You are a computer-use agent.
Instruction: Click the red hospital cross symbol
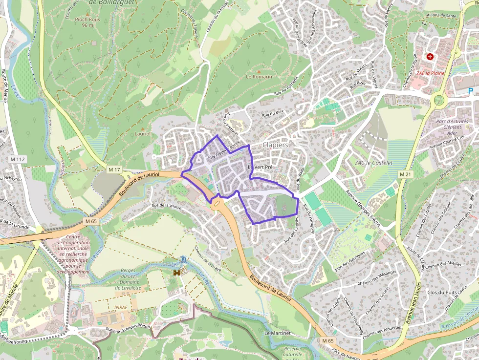click(430, 57)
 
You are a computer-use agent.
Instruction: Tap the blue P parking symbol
click(471, 90)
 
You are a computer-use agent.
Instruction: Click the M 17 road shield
click(114, 169)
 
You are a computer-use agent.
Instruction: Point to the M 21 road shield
click(404, 174)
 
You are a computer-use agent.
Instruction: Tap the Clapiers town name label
click(275, 145)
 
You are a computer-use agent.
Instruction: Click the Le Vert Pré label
click(260, 168)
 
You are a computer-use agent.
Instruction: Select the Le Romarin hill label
click(259, 77)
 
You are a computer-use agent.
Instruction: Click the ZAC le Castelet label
click(374, 163)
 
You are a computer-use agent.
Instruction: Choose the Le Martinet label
click(277, 333)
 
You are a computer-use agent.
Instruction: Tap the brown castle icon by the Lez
click(176, 272)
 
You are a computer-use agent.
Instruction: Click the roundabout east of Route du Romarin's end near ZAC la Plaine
click(439, 101)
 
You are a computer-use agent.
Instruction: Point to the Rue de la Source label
click(166, 206)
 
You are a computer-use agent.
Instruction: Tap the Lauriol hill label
click(142, 133)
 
